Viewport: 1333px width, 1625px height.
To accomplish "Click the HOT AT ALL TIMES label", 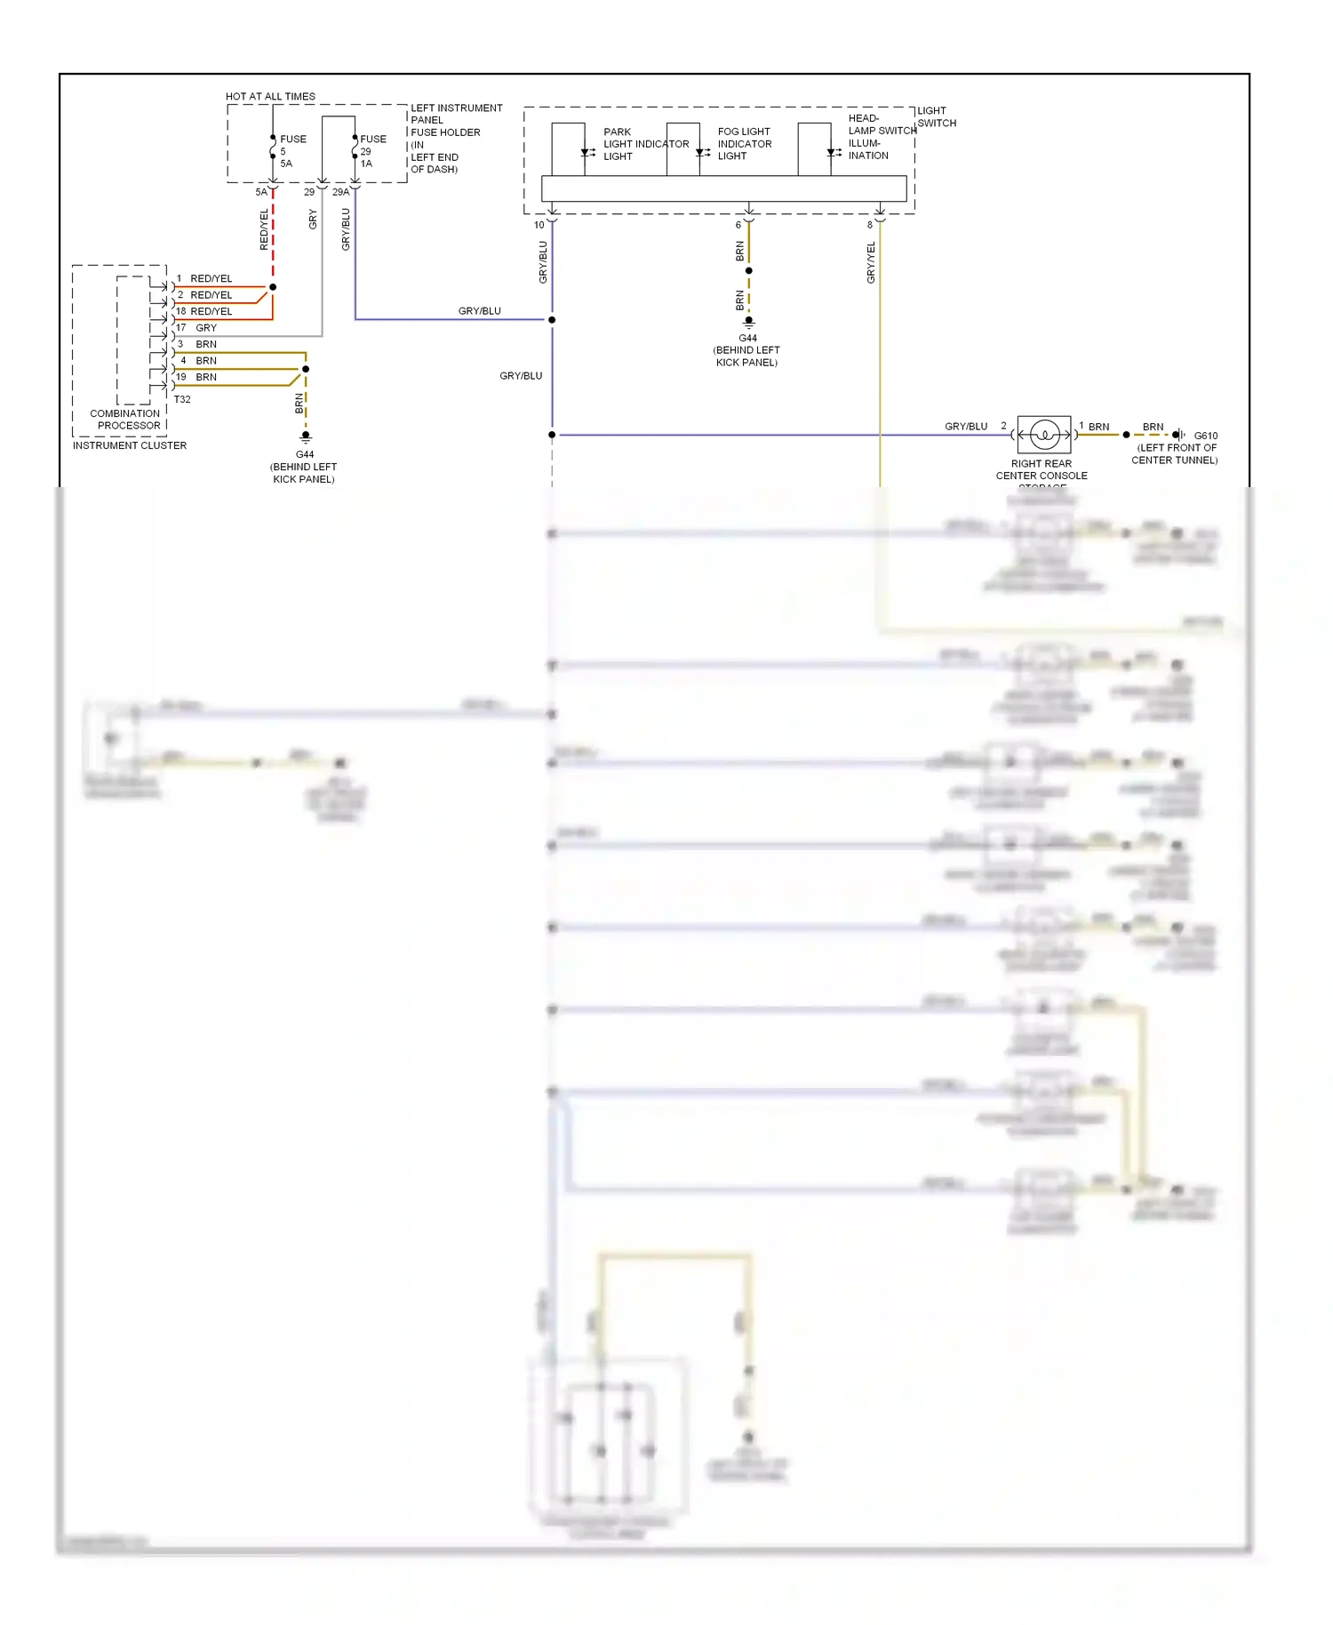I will pyautogui.click(x=270, y=96).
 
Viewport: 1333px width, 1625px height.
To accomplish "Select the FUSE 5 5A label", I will pyautogui.click(x=291, y=151).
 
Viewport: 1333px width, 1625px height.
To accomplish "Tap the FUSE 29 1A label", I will pyautogui.click(x=371, y=151).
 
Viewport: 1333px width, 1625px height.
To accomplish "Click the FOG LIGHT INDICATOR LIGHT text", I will pyautogui.click(x=744, y=143).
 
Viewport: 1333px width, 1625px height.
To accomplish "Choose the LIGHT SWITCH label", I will pyautogui.click(x=936, y=117).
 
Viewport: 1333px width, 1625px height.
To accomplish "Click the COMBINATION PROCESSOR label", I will pyautogui.click(x=125, y=420).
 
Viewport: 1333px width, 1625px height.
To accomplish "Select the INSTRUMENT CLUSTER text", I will pyautogui.click(x=130, y=445).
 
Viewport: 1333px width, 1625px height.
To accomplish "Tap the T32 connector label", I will pyautogui.click(x=182, y=399).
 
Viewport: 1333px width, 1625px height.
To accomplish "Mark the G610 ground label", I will pyautogui.click(x=1205, y=436).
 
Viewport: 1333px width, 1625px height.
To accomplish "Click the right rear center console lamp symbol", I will pyautogui.click(x=1044, y=435).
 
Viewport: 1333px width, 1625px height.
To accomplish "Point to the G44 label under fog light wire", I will pyautogui.click(x=748, y=338).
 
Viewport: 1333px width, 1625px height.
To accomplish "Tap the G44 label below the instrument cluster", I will pyautogui.click(x=305, y=454).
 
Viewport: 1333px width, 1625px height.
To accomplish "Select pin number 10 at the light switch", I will pyautogui.click(x=539, y=225).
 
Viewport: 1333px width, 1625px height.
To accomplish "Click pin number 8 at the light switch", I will pyautogui.click(x=870, y=225).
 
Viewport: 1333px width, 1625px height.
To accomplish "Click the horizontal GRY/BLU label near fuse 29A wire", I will pyautogui.click(x=479, y=311).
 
